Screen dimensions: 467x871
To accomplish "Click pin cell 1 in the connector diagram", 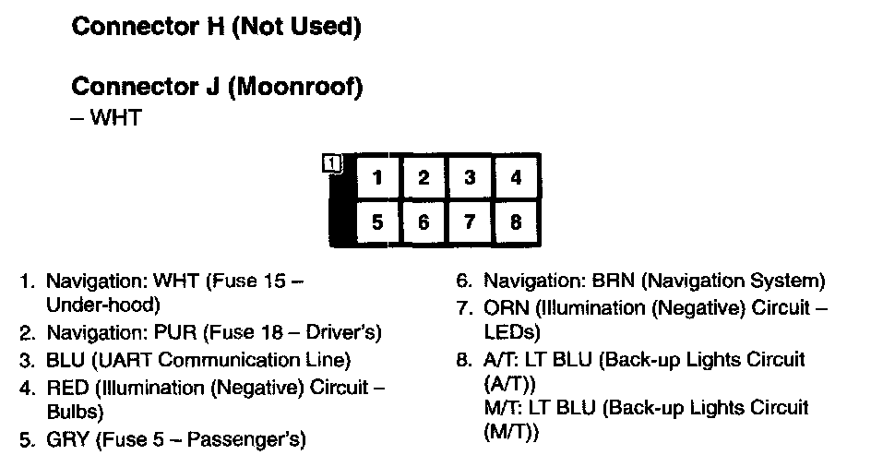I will [376, 178].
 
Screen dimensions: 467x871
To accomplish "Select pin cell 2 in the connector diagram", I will [424, 178].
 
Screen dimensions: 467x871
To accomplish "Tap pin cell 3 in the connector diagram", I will [470, 178].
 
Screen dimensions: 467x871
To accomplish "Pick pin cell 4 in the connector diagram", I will [516, 178].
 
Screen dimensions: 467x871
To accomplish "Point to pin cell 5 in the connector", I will [376, 222].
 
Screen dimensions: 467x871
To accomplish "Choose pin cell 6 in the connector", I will [424, 222].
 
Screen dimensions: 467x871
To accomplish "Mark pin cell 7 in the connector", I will [470, 222].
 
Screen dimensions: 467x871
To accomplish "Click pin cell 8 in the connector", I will [516, 222].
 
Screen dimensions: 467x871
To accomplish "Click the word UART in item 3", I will [121, 360].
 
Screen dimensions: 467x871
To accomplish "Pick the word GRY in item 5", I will [66, 439].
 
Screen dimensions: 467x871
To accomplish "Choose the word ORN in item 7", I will [506, 307].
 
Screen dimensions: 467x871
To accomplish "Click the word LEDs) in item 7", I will [511, 330].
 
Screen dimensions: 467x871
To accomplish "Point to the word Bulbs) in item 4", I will [75, 412].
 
